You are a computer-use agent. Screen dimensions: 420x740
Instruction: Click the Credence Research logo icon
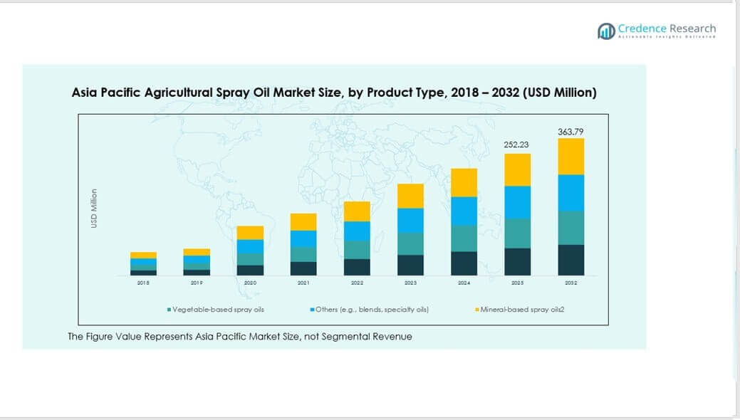tap(606, 31)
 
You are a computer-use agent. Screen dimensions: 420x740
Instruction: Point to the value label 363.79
tap(570, 132)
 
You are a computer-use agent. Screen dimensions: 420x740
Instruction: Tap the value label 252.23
tap(517, 145)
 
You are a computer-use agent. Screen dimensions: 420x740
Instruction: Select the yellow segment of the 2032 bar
tap(570, 157)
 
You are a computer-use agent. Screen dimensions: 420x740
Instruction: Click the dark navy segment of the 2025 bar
tap(517, 261)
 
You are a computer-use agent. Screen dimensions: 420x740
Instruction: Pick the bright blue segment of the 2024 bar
tap(464, 211)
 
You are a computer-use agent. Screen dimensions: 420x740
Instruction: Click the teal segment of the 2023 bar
tap(410, 243)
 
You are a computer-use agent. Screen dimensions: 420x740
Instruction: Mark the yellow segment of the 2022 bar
tap(357, 211)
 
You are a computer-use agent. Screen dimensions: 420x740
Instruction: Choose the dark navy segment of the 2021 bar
tap(303, 268)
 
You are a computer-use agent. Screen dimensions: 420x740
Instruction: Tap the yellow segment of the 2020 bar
tap(250, 233)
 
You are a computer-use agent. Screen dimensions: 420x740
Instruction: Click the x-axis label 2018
tap(143, 283)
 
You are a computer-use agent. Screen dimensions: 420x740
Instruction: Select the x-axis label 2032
tap(570, 283)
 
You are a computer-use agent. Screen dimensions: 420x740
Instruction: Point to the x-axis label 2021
tap(303, 283)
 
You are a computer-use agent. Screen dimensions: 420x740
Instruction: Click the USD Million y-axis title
tap(93, 209)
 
